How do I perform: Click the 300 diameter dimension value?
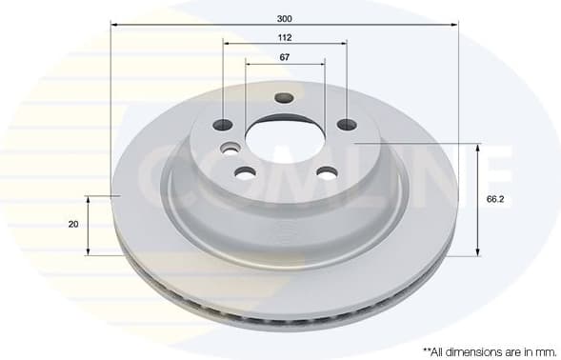[x=284, y=18]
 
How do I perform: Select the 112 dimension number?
[x=284, y=37]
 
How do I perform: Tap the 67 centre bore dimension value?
[x=284, y=57]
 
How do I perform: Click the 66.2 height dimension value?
[x=494, y=199]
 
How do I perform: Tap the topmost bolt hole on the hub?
[x=284, y=97]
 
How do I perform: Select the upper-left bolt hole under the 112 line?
[x=223, y=125]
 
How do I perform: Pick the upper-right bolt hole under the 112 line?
[x=347, y=125]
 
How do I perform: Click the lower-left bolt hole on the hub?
[x=245, y=172]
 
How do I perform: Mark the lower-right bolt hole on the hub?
[x=327, y=172]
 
